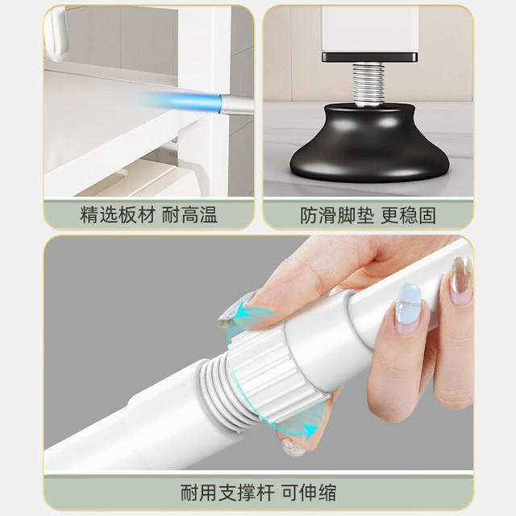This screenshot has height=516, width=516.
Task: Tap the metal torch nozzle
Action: coord(237,105)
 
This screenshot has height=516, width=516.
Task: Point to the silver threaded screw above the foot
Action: coord(368,85)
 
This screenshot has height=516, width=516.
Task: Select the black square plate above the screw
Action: coord(369,57)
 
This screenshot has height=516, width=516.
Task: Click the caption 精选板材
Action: coord(118,215)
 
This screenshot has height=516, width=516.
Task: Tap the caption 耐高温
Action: coord(189,215)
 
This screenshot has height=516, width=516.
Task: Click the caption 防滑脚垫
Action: coord(337,215)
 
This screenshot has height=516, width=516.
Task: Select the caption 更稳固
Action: coord(409,215)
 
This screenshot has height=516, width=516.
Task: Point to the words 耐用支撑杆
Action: coord(227,493)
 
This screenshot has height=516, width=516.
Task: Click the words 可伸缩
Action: coord(309,493)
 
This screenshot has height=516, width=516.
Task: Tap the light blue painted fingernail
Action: coord(407,308)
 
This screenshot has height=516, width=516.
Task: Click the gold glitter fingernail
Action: coord(461,279)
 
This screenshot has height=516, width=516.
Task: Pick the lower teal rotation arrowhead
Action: coord(310,430)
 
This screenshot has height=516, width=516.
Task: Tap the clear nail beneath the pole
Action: coord(293,447)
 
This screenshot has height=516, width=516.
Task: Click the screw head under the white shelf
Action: coord(174,141)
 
